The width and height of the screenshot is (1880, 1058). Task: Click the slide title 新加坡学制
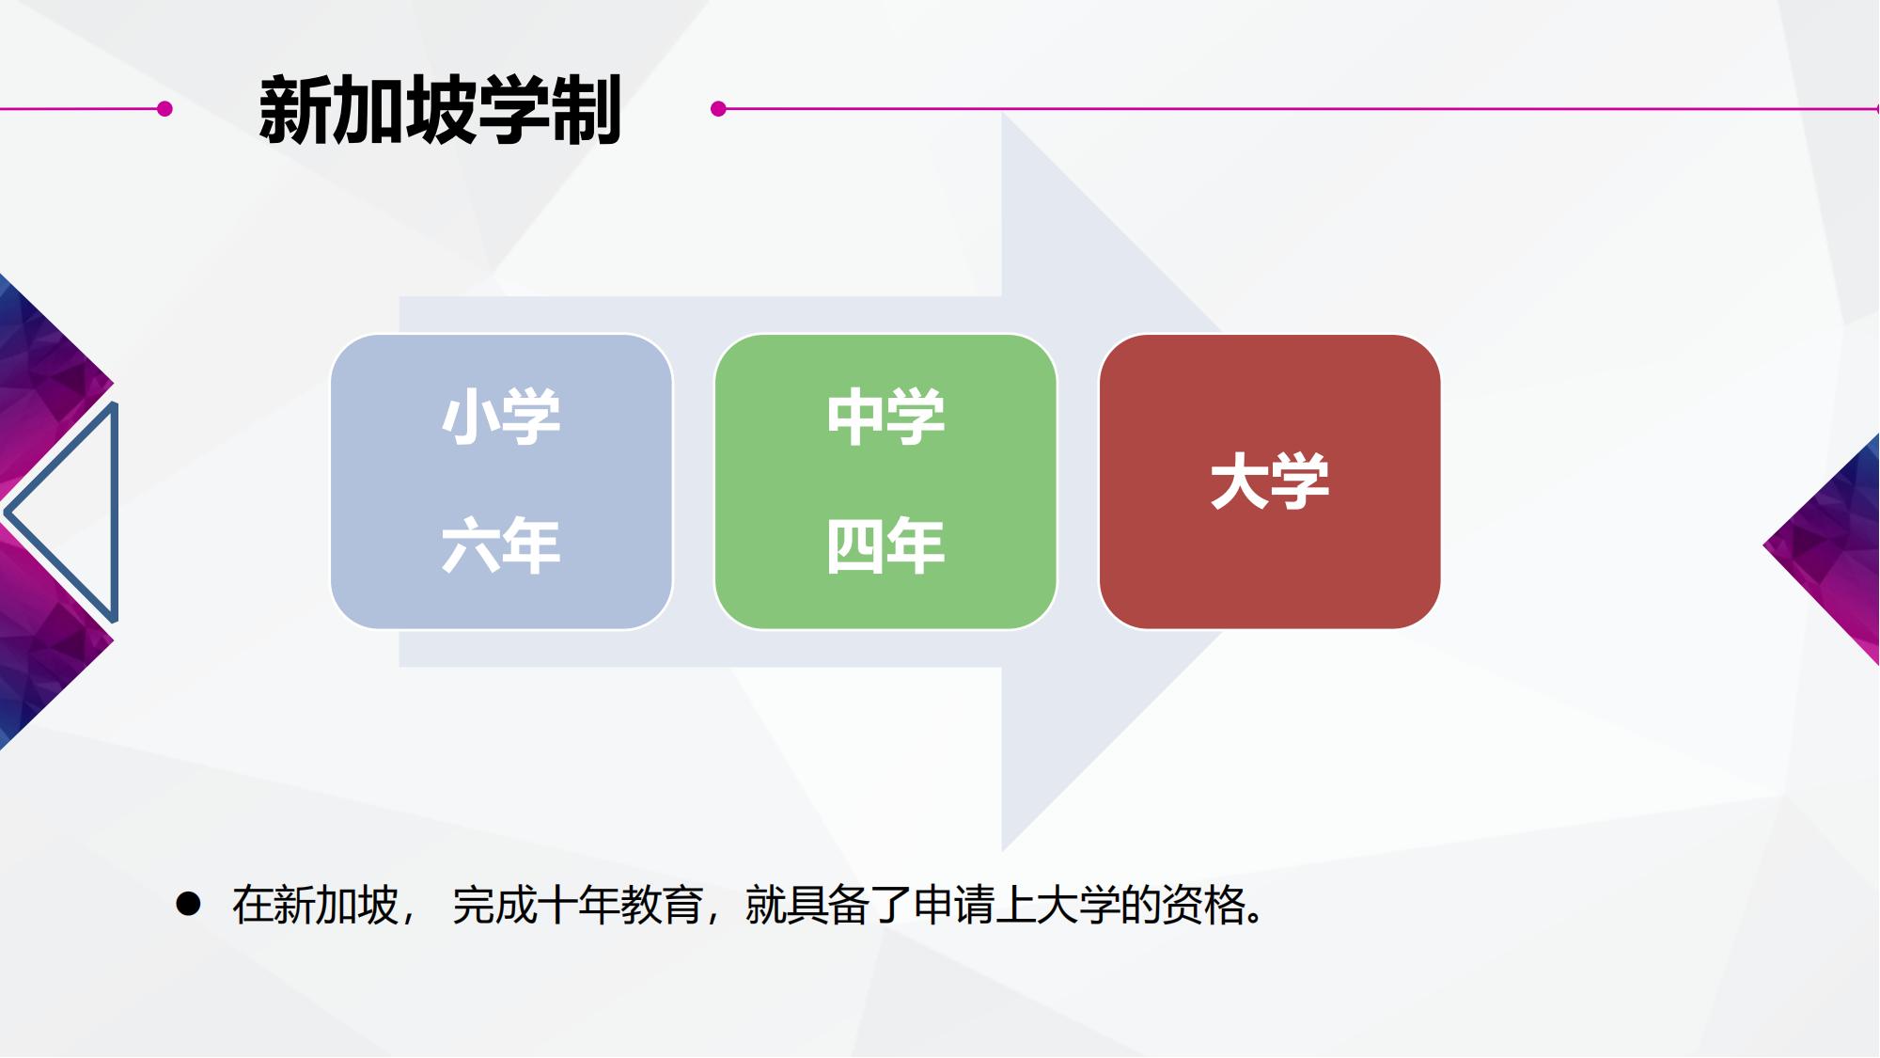tap(440, 110)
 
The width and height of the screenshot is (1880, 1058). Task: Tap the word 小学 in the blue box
tap(501, 417)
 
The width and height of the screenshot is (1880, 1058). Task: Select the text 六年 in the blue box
tap(501, 545)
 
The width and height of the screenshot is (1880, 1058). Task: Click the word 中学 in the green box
tap(885, 417)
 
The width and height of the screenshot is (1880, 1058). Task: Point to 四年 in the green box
tap(885, 545)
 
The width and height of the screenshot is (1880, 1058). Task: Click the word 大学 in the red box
tap(1270, 482)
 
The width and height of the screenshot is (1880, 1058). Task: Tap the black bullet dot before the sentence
tap(188, 904)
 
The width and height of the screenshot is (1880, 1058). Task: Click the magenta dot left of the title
tap(164, 109)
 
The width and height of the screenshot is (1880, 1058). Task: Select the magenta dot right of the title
tap(719, 109)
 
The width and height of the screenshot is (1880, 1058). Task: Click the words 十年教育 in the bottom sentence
tap(620, 905)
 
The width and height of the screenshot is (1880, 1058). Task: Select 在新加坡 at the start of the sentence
tap(315, 905)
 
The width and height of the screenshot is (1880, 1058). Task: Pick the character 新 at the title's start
tap(293, 110)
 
